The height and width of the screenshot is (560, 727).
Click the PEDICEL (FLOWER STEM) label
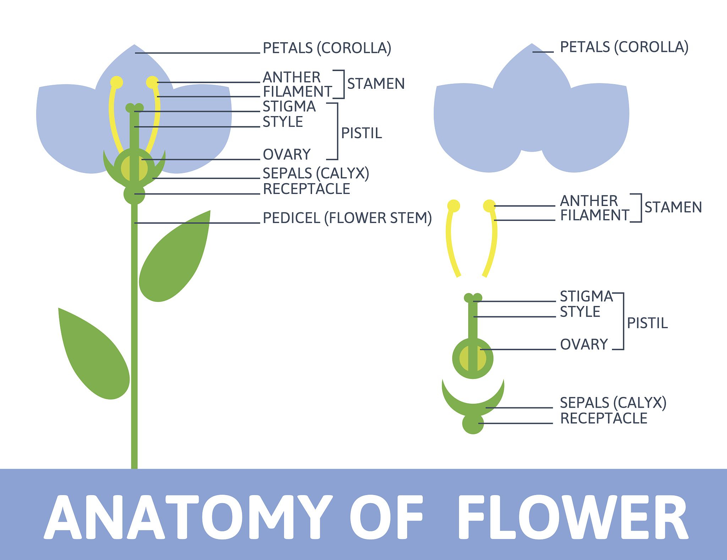tap(347, 218)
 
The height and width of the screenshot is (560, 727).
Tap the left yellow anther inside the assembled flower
tap(116, 82)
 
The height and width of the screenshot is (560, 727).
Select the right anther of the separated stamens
tap(489, 206)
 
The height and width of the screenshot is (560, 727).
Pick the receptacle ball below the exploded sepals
tap(473, 424)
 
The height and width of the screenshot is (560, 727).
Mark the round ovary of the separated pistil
tap(473, 359)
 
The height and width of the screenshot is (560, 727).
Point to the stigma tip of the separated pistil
tap(473, 298)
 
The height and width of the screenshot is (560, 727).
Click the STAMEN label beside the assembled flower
tap(376, 84)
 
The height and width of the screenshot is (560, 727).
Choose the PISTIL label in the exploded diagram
tap(647, 323)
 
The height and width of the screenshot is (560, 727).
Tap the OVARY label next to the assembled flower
tap(287, 154)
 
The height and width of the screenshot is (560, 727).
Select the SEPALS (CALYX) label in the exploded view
tap(613, 403)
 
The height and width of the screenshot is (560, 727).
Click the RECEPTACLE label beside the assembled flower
tap(306, 189)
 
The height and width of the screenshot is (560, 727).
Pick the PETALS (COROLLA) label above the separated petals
tap(624, 47)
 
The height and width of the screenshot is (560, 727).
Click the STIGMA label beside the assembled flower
tap(289, 107)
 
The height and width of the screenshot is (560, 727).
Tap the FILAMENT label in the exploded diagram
tap(595, 215)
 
